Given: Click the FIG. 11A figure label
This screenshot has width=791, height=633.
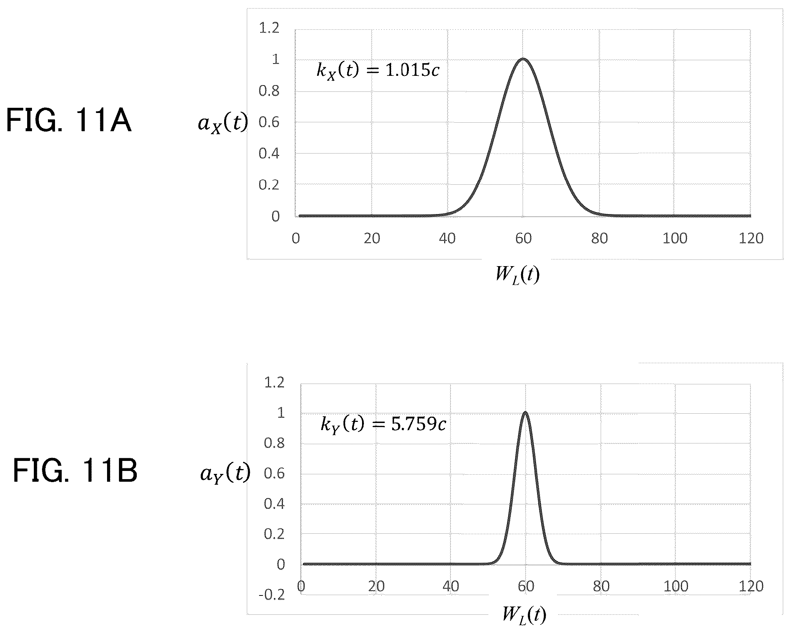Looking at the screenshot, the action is (x=69, y=120).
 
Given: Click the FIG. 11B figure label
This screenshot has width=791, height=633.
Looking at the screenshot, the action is (x=75, y=470).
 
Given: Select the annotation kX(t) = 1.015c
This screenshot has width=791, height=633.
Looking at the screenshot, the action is (x=378, y=70).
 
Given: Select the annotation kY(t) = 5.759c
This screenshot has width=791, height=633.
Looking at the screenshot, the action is (x=383, y=424).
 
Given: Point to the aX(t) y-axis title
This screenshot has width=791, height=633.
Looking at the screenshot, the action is (x=223, y=123).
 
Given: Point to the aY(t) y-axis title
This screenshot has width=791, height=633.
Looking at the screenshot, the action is (x=225, y=473).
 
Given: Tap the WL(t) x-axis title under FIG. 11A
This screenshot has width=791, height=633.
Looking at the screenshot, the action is (x=517, y=275).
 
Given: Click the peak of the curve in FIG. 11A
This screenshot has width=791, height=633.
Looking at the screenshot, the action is (x=523, y=59).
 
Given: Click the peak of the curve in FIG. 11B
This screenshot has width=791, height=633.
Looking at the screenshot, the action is (x=525, y=413).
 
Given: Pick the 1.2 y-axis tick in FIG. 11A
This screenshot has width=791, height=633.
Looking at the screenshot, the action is (x=269, y=28).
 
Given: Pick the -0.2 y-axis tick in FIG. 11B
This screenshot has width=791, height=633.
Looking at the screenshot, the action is (x=271, y=595).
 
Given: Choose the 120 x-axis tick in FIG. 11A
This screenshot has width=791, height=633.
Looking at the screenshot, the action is (x=751, y=238).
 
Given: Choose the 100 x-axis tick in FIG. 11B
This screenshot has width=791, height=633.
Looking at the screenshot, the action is (x=676, y=587).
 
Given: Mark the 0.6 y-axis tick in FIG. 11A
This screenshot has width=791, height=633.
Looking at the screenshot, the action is (x=269, y=122).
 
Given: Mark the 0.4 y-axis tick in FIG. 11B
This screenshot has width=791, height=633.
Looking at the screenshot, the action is (x=274, y=504).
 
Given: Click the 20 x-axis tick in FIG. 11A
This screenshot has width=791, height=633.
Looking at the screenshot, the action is (x=372, y=238).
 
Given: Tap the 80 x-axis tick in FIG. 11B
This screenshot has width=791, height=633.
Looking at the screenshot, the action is (x=601, y=587).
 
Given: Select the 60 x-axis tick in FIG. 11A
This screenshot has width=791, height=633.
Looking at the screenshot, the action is (x=523, y=238).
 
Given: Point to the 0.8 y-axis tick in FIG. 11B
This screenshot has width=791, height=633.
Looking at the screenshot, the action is (x=274, y=443).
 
